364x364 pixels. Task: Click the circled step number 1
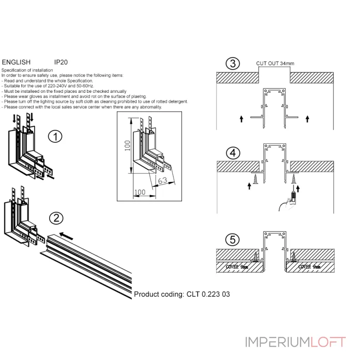[55, 136]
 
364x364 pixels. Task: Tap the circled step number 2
[56, 218]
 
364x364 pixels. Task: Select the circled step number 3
[233, 63]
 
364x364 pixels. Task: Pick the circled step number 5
[233, 240]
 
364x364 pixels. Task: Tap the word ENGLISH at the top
[16, 62]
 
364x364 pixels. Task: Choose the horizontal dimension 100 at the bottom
[140, 192]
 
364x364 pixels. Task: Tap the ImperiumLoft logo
[296, 342]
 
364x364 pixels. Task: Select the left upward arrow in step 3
[241, 119]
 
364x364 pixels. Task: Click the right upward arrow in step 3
[308, 119]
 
